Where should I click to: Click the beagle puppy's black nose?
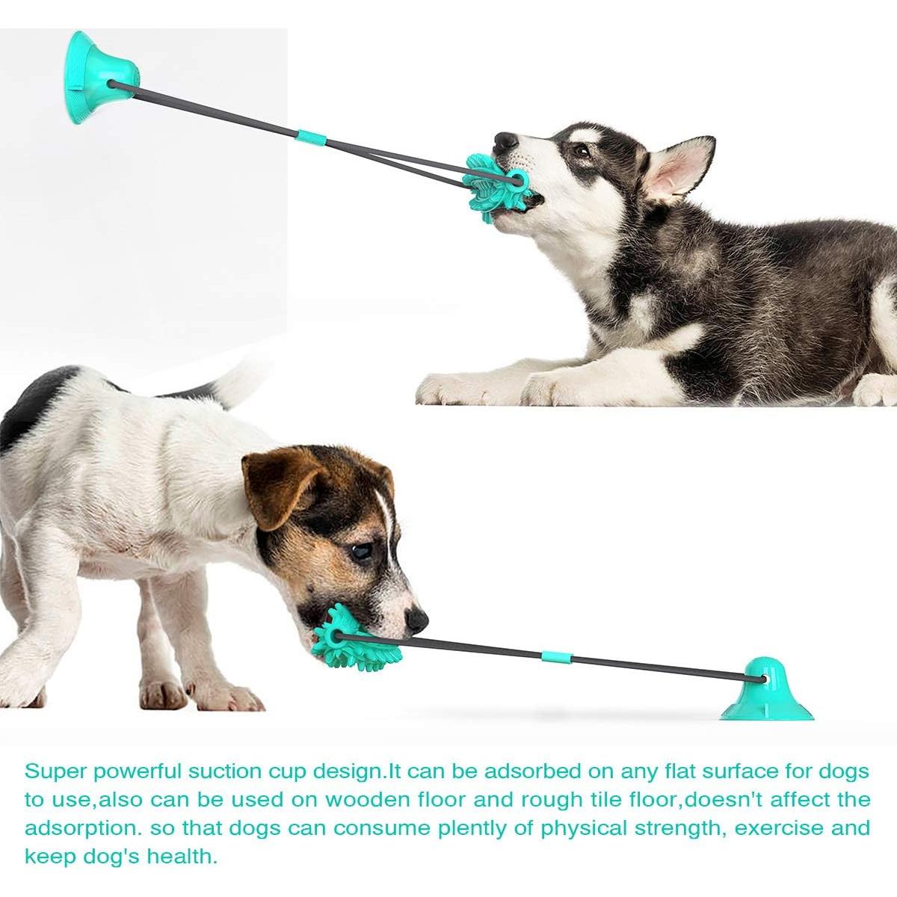tap(417, 619)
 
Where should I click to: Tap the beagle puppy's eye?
tap(363, 552)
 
